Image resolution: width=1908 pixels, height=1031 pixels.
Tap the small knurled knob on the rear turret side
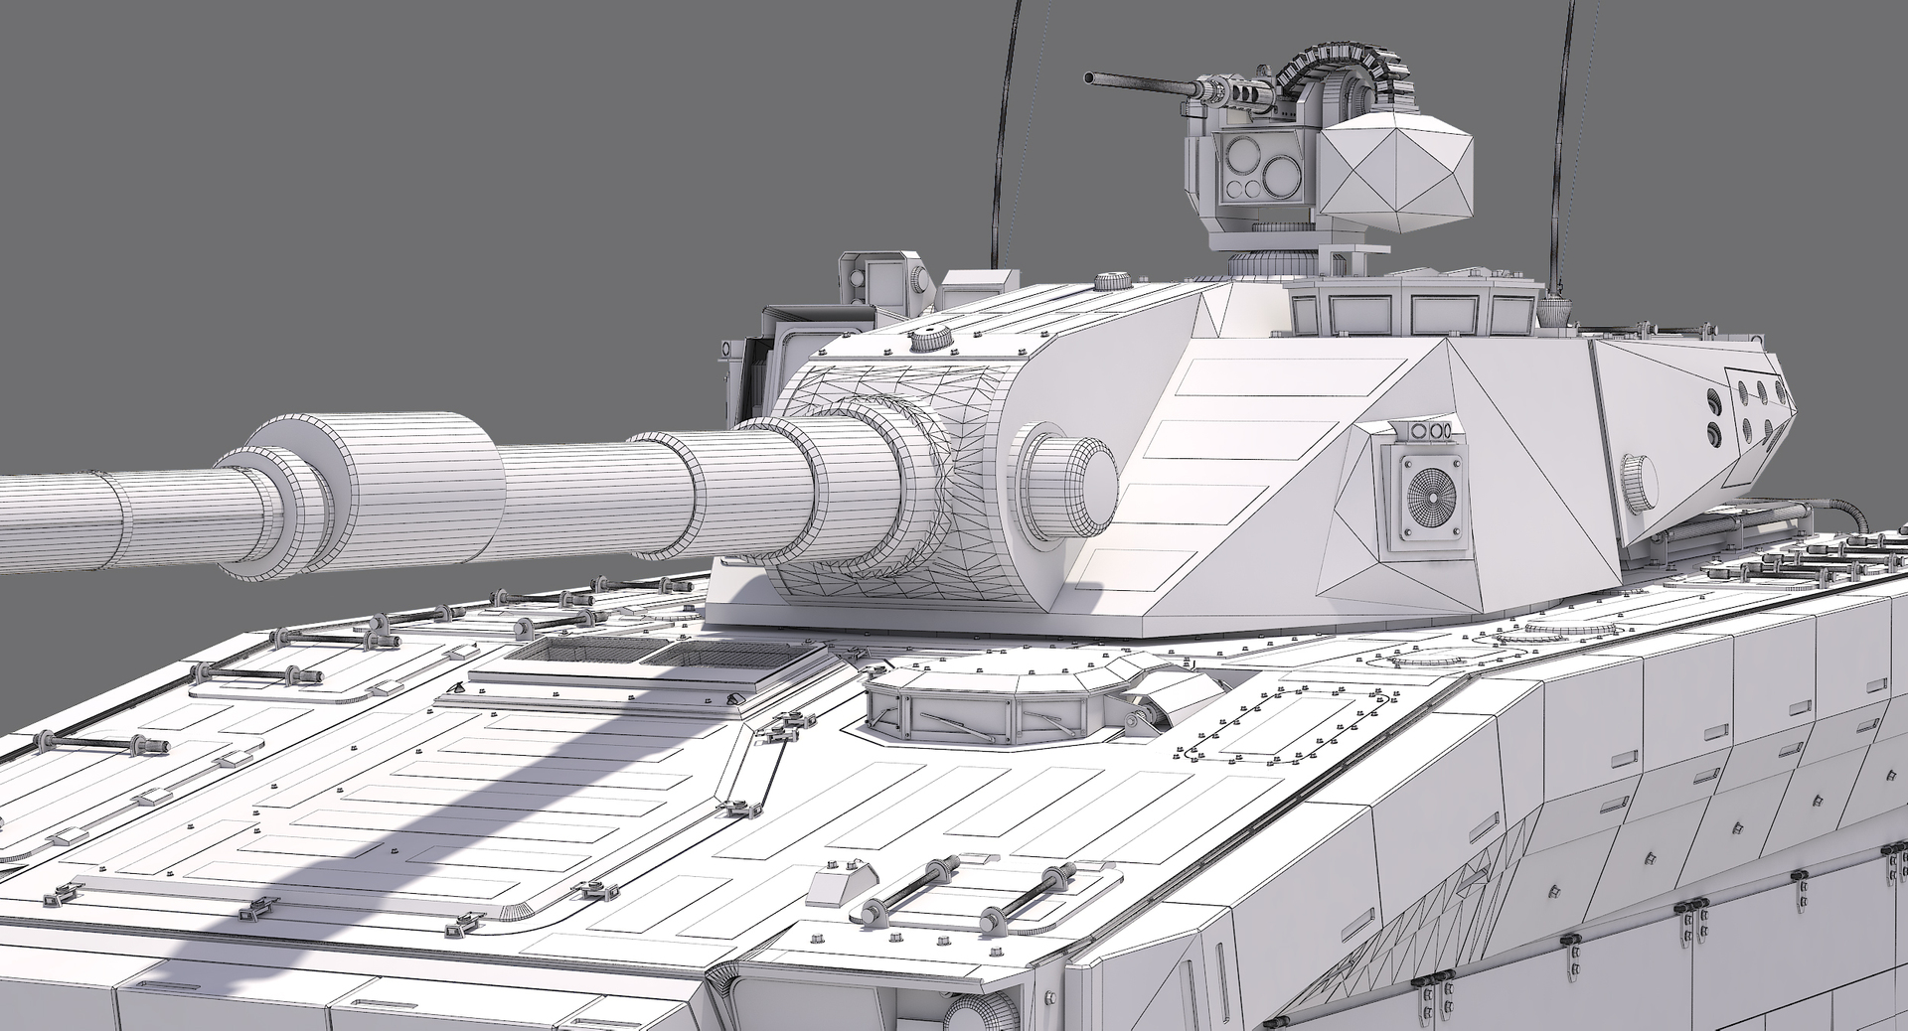click(1640, 478)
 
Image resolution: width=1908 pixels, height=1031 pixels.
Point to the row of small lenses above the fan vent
click(1427, 430)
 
